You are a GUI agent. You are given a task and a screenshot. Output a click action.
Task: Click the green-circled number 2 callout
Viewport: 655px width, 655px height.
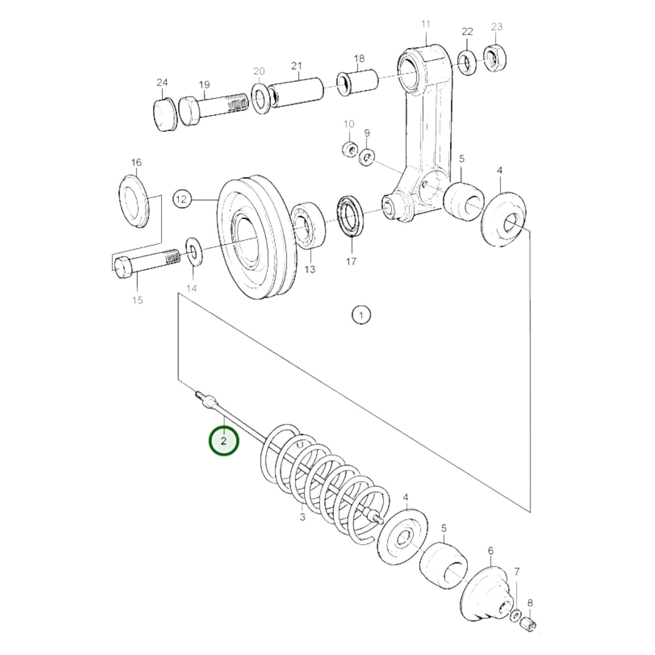pos(223,441)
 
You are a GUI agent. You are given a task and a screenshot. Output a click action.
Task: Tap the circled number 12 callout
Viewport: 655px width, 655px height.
pos(182,199)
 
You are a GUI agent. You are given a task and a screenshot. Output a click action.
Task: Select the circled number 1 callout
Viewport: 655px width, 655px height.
pos(361,315)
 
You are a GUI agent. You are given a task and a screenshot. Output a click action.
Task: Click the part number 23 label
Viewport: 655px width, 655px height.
pos(496,27)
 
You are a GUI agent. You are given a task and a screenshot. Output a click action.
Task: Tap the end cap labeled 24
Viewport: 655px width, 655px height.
pos(164,115)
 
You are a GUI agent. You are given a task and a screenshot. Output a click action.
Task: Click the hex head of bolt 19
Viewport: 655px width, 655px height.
pos(189,110)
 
